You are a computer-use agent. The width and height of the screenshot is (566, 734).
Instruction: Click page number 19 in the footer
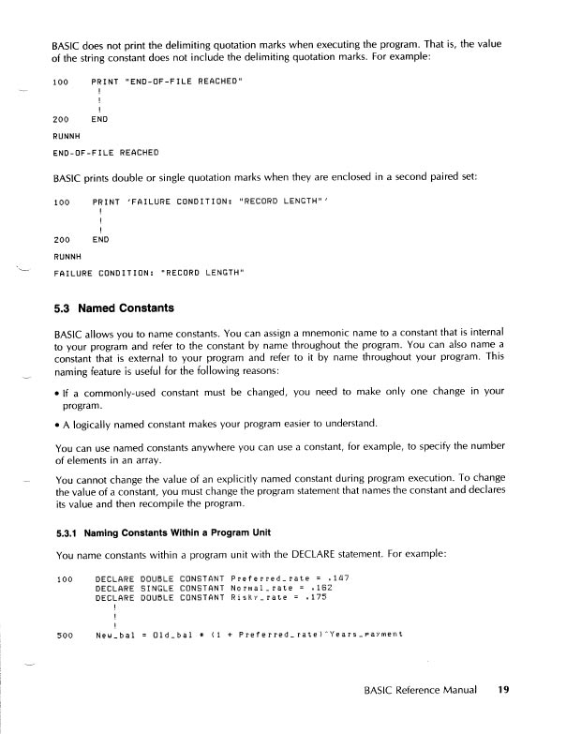tap(503, 690)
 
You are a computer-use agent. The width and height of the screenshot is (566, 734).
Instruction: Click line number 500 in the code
tap(65, 635)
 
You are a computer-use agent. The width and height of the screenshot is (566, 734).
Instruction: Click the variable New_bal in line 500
tap(117, 635)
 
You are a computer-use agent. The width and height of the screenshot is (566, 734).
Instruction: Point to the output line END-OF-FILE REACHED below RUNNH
tap(105, 152)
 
